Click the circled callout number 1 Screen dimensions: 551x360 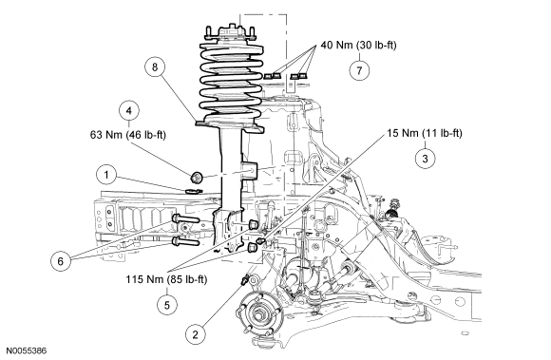point(106,175)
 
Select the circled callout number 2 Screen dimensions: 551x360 point(196,334)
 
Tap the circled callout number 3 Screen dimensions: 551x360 point(425,159)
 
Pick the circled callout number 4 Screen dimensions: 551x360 point(129,110)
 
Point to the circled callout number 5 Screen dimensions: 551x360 point(167,305)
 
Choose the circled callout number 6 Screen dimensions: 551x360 point(61,261)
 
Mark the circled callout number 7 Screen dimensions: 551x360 point(359,70)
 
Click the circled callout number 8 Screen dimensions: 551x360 point(155,66)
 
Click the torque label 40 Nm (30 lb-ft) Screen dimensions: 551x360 point(358,45)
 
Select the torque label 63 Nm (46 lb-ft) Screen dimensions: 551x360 point(128,135)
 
